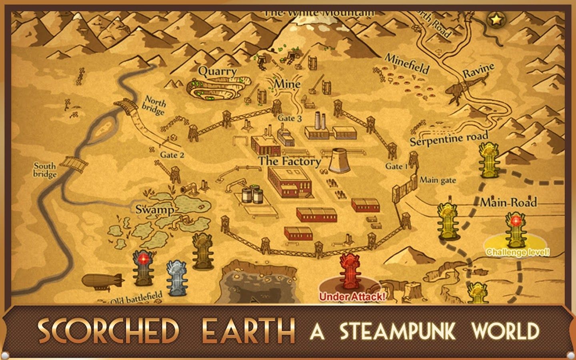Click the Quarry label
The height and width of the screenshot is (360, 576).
click(218, 72)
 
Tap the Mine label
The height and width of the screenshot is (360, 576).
click(287, 84)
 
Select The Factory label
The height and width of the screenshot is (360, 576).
click(290, 161)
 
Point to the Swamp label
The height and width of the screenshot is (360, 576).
click(154, 210)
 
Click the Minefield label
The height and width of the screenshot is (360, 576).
click(406, 64)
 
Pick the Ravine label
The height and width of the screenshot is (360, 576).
click(478, 71)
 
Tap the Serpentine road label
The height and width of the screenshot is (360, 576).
click(449, 138)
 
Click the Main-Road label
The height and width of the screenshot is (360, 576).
click(508, 202)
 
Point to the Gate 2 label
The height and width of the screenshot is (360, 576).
click(172, 155)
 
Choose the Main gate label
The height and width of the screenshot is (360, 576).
click(438, 180)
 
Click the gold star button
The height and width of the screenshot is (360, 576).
click(496, 19)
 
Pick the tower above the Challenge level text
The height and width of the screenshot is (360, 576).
click(515, 230)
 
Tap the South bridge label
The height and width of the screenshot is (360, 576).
click(45, 170)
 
